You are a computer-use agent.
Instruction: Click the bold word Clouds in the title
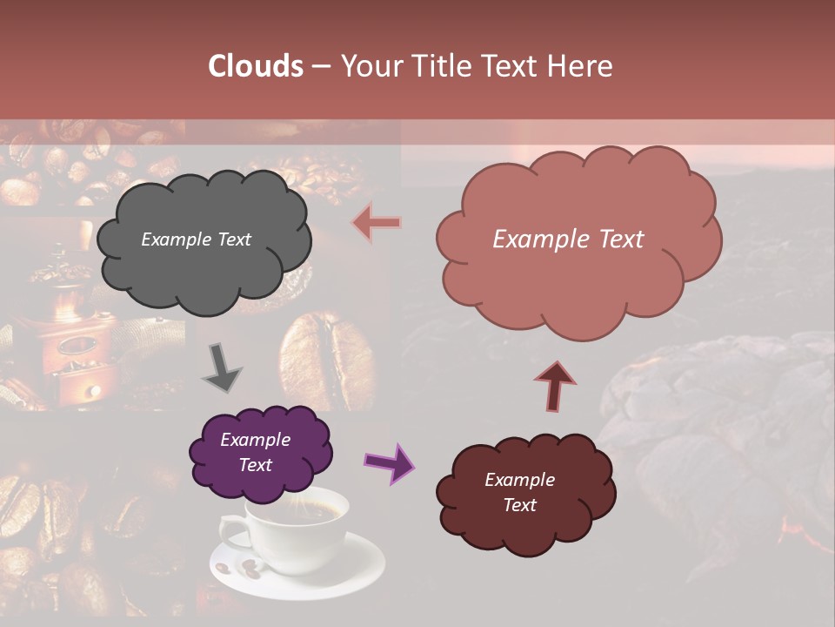tap(256, 66)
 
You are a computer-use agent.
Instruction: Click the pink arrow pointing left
tap(377, 223)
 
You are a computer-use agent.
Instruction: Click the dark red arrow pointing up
tap(556, 384)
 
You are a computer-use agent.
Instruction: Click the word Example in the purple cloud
tap(255, 440)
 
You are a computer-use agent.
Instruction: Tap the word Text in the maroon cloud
tap(519, 505)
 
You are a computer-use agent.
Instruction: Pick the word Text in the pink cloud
tap(617, 239)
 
